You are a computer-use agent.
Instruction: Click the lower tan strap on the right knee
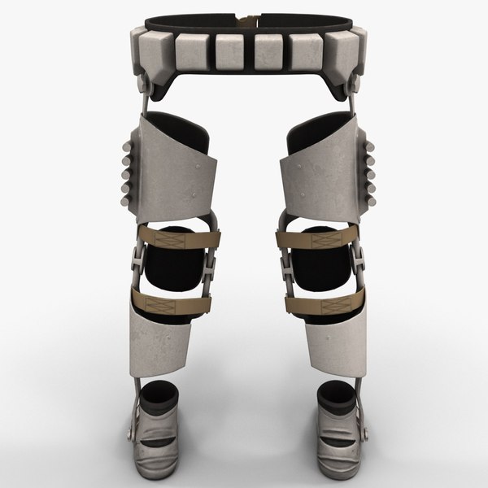point(313,304)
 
